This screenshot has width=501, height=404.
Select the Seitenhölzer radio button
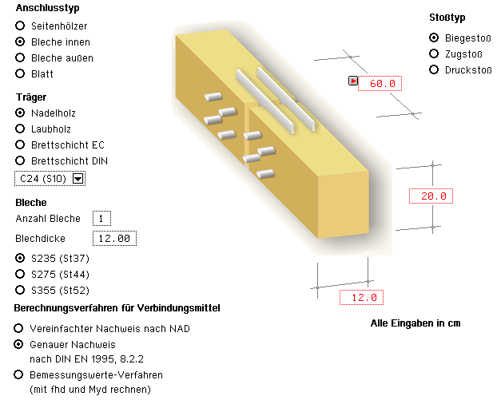click(20, 26)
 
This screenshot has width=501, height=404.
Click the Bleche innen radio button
click(20, 42)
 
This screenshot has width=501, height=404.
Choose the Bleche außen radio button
click(20, 57)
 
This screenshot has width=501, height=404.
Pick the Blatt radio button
click(20, 73)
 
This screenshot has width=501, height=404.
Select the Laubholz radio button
click(20, 129)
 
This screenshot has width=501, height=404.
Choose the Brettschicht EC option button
click(20, 145)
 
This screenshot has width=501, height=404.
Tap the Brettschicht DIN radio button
click(20, 160)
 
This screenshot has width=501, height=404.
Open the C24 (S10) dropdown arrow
click(78, 179)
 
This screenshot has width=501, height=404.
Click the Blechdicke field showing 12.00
click(113, 238)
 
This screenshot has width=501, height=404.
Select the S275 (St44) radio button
click(20, 274)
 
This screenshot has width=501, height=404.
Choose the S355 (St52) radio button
click(20, 290)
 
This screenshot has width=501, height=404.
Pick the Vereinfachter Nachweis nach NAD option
click(18, 328)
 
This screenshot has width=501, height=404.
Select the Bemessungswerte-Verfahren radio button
click(18, 374)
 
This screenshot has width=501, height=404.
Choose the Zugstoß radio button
click(434, 53)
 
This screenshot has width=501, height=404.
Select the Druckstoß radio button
click(434, 69)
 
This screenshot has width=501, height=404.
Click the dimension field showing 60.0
click(381, 84)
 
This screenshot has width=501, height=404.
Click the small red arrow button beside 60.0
click(352, 81)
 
